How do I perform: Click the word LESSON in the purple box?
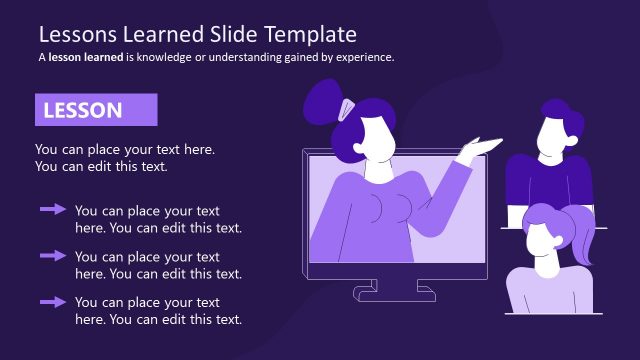(82, 110)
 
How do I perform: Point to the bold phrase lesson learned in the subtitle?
(85, 57)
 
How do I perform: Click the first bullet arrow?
(53, 210)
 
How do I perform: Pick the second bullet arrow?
(53, 256)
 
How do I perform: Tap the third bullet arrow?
(53, 301)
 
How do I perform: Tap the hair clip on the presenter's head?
(347, 106)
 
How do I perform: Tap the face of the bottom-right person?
(541, 241)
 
